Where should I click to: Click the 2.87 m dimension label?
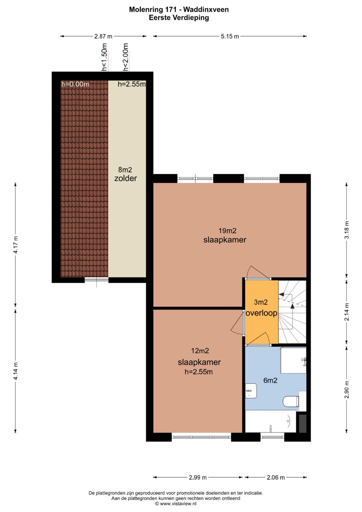click(x=103, y=36)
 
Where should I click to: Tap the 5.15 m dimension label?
click(x=230, y=36)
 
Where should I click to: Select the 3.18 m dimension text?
click(x=347, y=230)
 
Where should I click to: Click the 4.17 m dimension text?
click(x=15, y=245)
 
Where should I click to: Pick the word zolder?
click(x=125, y=178)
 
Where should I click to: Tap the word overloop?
click(x=261, y=313)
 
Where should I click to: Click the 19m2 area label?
click(x=227, y=231)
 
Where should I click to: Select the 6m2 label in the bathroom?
click(x=270, y=380)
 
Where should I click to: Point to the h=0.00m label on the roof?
click(x=75, y=84)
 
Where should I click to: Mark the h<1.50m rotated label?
click(x=104, y=57)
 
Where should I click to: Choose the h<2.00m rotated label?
click(x=125, y=57)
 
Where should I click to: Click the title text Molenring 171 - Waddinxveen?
click(x=179, y=9)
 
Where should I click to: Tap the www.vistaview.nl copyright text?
click(x=176, y=504)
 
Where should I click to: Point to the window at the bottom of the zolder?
click(x=97, y=280)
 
